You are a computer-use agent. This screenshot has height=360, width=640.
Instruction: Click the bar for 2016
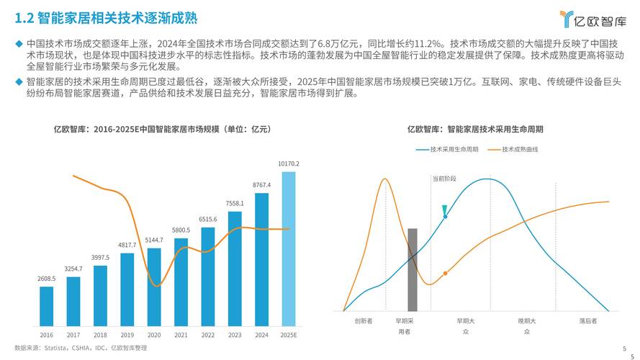[x=46, y=307]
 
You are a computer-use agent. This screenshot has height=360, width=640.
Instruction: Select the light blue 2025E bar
[x=288, y=248]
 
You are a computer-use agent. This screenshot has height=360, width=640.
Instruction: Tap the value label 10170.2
[x=288, y=163]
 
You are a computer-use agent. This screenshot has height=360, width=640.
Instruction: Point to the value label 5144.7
[x=154, y=240]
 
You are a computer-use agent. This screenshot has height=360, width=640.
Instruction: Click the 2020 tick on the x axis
[x=154, y=335]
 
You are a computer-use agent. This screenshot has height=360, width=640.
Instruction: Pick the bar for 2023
[x=235, y=269]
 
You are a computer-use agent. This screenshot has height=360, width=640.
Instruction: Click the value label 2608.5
[x=46, y=278]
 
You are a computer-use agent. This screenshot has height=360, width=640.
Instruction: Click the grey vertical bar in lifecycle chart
[x=413, y=270]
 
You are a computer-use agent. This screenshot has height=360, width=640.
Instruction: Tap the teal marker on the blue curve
[x=445, y=211]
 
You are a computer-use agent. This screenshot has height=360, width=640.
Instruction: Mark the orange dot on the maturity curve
[x=445, y=274]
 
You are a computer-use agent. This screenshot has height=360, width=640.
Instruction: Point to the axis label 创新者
[x=364, y=321]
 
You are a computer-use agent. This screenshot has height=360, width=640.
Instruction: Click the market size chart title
[x=163, y=130]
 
